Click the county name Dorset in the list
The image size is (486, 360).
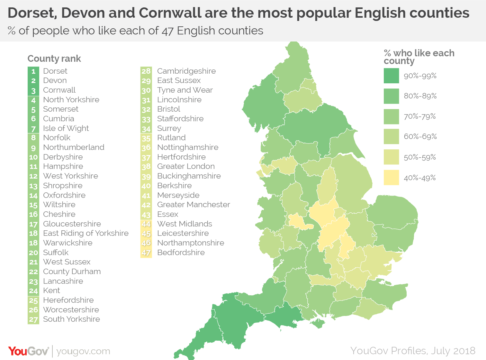click(55, 71)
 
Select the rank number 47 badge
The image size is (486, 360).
click(146, 253)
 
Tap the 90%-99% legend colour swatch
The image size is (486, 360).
click(391, 76)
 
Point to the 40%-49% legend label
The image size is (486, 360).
click(420, 178)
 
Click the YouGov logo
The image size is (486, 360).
click(28, 351)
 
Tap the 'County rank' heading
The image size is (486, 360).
click(54, 59)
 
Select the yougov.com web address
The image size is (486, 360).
click(83, 351)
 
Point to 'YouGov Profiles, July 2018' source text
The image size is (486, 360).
click(413, 351)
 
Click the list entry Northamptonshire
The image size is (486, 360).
click(191, 243)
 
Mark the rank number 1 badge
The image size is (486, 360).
click(33, 71)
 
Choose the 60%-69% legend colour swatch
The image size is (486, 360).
click(391, 137)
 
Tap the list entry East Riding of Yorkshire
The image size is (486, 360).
click(86, 233)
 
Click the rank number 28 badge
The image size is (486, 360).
click(146, 71)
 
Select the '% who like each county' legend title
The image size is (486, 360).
click(419, 57)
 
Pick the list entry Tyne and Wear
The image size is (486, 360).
click(185, 90)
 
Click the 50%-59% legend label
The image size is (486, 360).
click(420, 157)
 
